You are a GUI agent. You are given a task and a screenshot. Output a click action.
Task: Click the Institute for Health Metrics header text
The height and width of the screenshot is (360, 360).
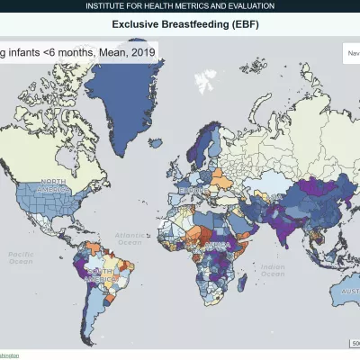point(180,6)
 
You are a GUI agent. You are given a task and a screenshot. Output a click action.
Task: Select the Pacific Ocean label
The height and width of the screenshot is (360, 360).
point(20,258)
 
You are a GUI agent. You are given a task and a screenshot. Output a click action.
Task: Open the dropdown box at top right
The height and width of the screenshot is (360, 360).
point(351,53)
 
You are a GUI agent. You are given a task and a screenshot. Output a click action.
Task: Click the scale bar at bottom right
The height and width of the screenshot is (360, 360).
point(355,343)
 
